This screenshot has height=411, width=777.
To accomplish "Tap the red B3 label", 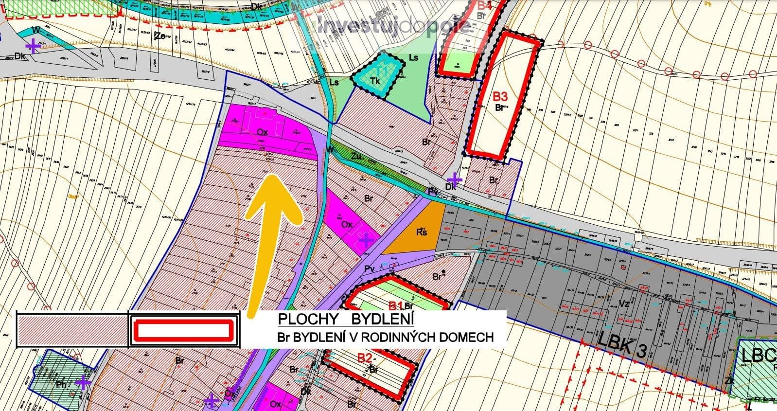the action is point(500,96).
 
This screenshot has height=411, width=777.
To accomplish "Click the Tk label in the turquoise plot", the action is point(375,81).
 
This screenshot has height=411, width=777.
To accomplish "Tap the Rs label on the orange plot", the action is point(422,232).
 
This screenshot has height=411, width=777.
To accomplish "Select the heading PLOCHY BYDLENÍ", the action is point(346,320).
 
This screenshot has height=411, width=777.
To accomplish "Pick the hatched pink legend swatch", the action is point(72,331).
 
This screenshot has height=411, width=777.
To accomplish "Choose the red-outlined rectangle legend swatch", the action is point(183,331).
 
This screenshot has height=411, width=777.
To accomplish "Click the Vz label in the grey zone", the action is point(624,304).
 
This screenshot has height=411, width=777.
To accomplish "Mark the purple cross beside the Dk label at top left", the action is point(33,46).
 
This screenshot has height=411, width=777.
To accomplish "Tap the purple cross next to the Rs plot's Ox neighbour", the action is point(366,239).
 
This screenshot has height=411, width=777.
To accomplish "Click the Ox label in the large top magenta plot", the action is point(263,131).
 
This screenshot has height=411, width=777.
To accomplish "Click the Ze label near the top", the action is point(159,36).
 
